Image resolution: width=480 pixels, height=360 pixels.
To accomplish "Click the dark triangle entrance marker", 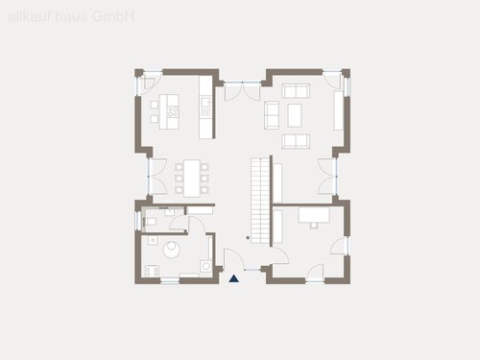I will coord(234,278).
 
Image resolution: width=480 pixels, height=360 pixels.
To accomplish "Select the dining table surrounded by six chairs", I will coord(192,177).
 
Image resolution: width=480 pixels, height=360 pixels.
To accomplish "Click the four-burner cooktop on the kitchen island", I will coord(174,110).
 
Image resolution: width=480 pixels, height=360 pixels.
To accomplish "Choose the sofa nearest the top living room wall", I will coord(295,91).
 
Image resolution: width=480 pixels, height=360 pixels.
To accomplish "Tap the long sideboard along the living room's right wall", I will coord(337,110).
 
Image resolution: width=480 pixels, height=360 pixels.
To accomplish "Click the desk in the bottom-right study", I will coord(311,214).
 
